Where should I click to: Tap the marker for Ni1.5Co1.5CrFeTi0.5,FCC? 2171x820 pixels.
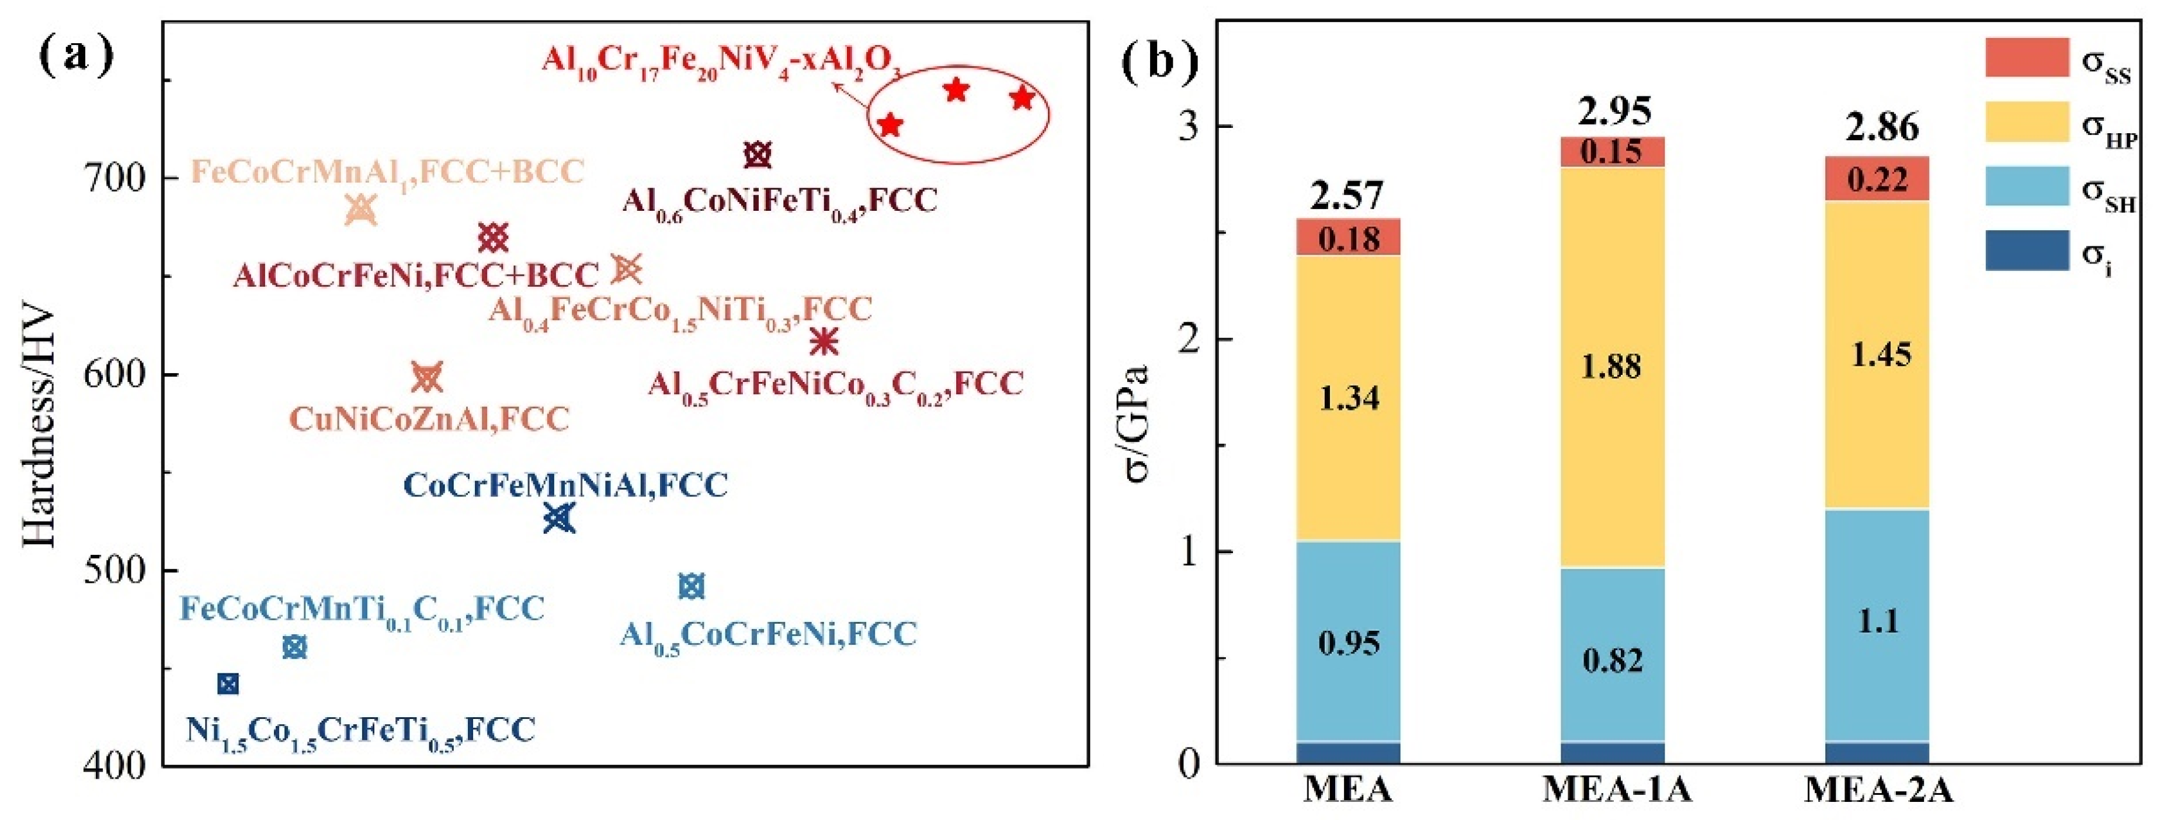(x=228, y=683)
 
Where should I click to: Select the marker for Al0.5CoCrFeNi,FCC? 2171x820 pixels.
(x=691, y=586)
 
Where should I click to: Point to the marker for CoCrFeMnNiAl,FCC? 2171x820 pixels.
(x=559, y=517)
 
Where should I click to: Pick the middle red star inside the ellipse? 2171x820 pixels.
(x=956, y=90)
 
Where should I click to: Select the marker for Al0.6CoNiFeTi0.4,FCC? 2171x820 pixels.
(x=758, y=154)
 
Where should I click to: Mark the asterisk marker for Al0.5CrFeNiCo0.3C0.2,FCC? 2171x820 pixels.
(x=824, y=341)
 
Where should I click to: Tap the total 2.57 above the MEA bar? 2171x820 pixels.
(x=1347, y=196)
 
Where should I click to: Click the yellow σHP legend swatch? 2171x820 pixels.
(x=2027, y=122)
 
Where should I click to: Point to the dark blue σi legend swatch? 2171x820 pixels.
(x=2027, y=251)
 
